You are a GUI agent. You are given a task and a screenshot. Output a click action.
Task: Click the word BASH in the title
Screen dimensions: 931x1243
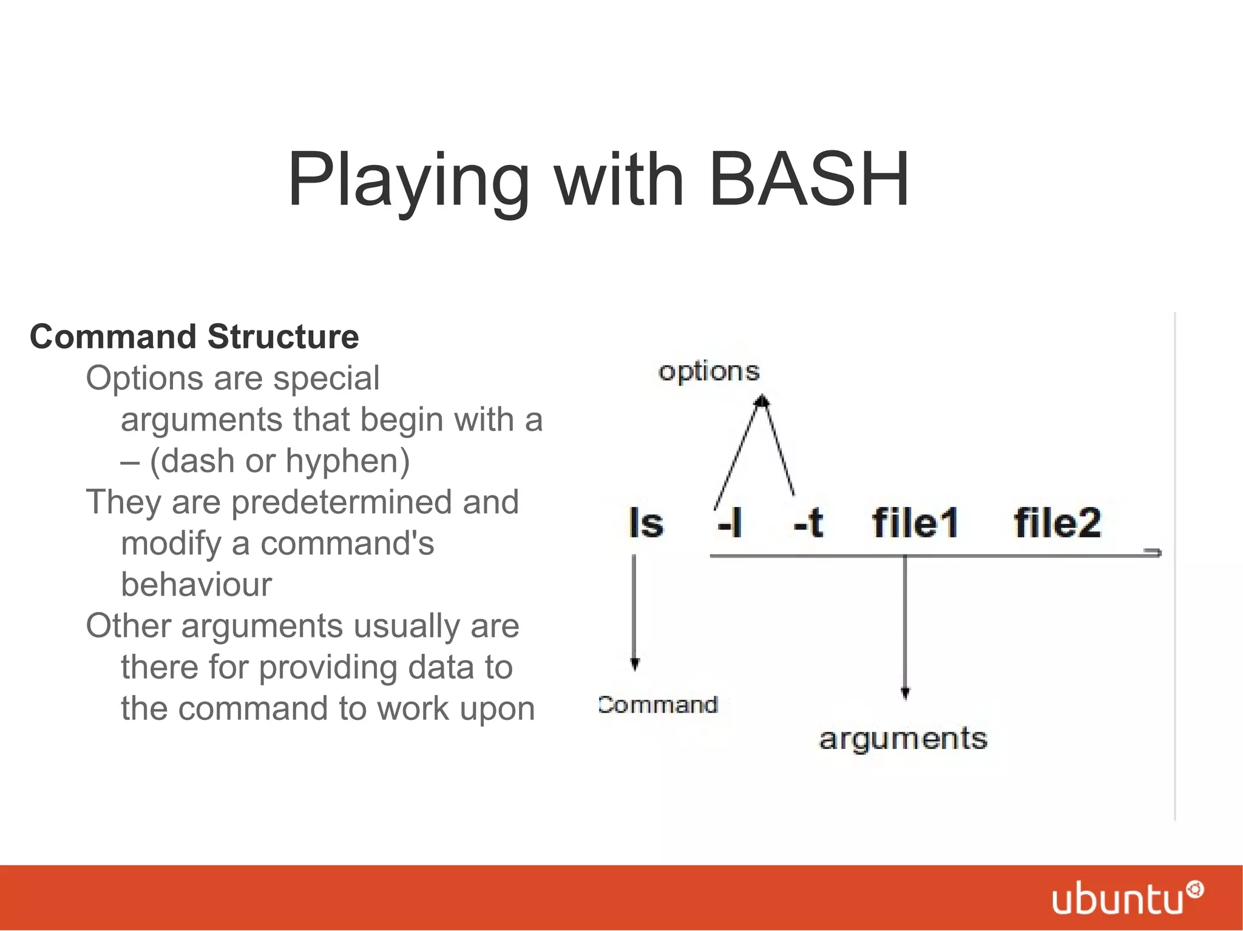pyautogui.click(x=809, y=180)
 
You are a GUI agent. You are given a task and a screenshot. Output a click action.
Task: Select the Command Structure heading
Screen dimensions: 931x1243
pyautogui.click(x=194, y=337)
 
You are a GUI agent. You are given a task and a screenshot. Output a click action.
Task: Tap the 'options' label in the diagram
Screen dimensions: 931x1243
pyautogui.click(x=709, y=371)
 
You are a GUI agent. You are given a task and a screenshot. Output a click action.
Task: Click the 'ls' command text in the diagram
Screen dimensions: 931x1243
pyautogui.click(x=646, y=523)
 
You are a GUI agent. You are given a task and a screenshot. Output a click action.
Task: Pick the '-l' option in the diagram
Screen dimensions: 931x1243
pyautogui.click(x=730, y=523)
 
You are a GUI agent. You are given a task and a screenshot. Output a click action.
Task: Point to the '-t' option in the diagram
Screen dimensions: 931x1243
pyautogui.click(x=808, y=523)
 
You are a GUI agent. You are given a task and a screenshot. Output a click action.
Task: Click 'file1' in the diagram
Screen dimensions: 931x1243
pyautogui.click(x=915, y=523)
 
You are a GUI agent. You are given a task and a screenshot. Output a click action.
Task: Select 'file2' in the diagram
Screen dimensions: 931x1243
pyautogui.click(x=1057, y=523)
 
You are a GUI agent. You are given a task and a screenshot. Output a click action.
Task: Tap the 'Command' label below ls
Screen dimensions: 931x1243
pyautogui.click(x=658, y=705)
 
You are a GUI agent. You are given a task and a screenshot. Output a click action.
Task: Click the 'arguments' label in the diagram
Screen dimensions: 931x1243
pyautogui.click(x=903, y=739)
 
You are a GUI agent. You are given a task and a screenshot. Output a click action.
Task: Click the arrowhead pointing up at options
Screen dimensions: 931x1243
pyautogui.click(x=762, y=401)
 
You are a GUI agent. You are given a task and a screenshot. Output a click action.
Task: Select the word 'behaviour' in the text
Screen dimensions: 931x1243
pyautogui.click(x=196, y=585)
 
